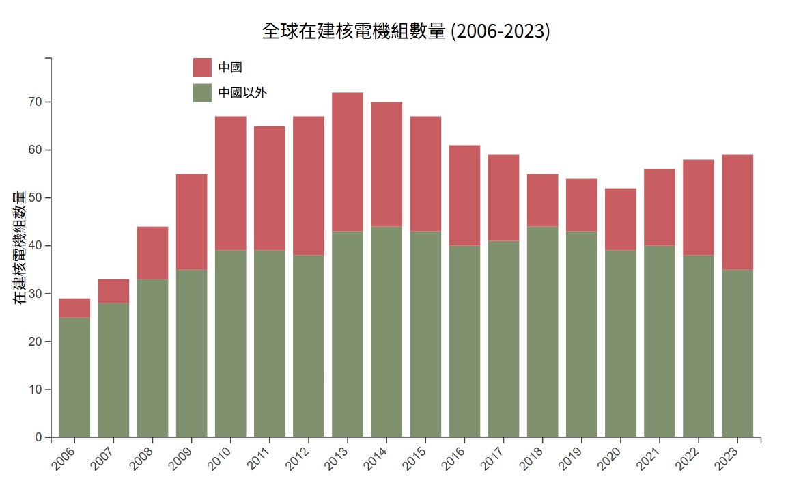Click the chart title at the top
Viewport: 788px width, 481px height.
click(406, 31)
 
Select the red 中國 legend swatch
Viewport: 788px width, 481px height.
click(203, 67)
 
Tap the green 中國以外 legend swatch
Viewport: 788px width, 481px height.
click(203, 93)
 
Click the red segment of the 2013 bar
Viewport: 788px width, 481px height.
click(348, 162)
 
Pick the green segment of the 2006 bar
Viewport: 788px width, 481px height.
click(74, 377)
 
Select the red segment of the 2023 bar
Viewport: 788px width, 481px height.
click(737, 212)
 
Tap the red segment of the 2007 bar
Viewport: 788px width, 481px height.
click(113, 291)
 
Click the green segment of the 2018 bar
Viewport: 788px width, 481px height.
click(542, 331)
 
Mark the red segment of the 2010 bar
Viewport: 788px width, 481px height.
click(231, 184)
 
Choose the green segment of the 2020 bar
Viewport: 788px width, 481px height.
click(620, 344)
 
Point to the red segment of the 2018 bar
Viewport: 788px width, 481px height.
click(542, 200)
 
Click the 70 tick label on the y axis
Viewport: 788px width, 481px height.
click(35, 102)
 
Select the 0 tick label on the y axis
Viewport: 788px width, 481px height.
click(39, 437)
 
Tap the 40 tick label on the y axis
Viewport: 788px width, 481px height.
click(35, 245)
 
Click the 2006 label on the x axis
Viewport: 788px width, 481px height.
click(63, 456)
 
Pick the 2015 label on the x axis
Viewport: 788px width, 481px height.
click(414, 456)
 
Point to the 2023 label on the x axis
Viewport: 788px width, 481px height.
click(726, 456)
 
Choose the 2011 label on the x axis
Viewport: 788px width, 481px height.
click(258, 456)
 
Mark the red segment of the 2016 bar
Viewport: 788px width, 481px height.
click(464, 195)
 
